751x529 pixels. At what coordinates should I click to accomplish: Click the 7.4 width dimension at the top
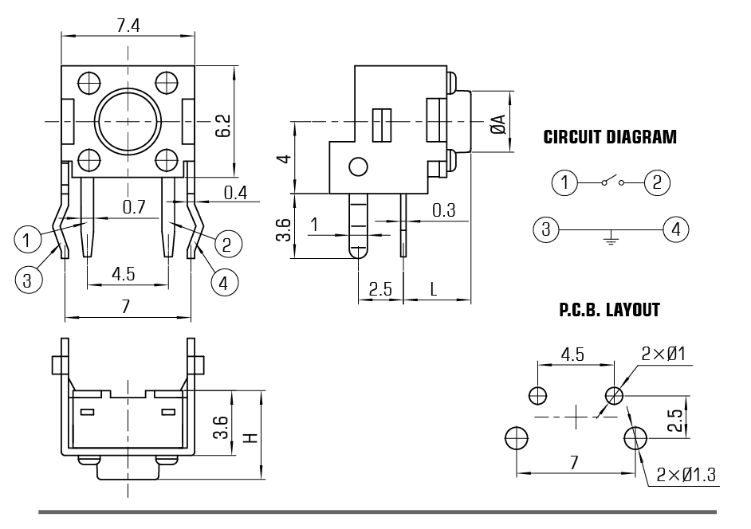tap(128, 25)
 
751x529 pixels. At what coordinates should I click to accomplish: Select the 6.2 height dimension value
tap(223, 125)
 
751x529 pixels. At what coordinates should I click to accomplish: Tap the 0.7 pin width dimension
tap(134, 207)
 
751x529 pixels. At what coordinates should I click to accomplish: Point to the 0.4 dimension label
tap(236, 193)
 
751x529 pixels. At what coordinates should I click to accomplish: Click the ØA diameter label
tap(498, 124)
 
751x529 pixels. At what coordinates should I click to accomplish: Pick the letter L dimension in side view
tap(434, 289)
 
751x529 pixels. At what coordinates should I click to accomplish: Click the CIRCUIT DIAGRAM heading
tap(610, 137)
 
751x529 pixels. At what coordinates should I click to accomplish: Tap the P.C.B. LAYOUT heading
tap(609, 310)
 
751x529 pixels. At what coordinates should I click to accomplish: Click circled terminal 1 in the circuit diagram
tap(564, 182)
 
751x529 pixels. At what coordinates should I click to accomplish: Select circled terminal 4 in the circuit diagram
tap(676, 229)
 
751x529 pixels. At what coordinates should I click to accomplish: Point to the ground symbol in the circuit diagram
tap(610, 237)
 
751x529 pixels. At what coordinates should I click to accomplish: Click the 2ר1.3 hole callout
tap(686, 475)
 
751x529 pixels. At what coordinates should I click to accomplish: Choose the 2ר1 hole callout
tap(663, 355)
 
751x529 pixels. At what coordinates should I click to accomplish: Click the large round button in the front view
tap(128, 120)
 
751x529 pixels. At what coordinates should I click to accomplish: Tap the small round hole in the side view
tap(358, 167)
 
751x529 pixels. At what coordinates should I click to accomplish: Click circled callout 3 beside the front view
tap(27, 280)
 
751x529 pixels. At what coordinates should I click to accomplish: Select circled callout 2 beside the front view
tap(227, 244)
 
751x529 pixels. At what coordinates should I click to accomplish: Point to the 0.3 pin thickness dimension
tap(444, 210)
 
